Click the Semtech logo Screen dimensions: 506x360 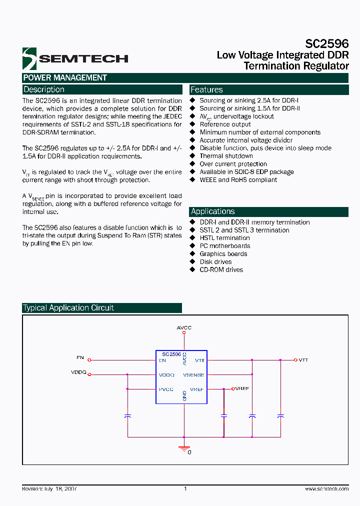[75, 58]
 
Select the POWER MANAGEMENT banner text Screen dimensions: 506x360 [65, 77]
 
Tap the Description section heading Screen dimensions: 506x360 [44, 89]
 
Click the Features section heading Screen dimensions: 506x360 [206, 89]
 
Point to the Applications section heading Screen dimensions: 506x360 [212, 211]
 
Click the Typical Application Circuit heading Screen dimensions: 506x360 [68, 308]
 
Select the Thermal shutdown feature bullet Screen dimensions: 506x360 [226, 156]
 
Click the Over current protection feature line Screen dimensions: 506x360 [233, 164]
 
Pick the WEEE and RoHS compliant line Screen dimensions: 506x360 [238, 180]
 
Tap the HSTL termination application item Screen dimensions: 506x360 [224, 238]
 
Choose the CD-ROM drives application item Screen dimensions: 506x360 [221, 269]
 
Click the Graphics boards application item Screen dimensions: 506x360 [223, 254]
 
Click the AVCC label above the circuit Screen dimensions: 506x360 [184, 327]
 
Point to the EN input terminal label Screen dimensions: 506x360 [80, 358]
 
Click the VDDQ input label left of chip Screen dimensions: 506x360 [78, 372]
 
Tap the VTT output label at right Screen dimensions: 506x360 [303, 360]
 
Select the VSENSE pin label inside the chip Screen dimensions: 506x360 [193, 374]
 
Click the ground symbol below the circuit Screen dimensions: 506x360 [184, 448]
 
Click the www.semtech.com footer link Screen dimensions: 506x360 [326, 489]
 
